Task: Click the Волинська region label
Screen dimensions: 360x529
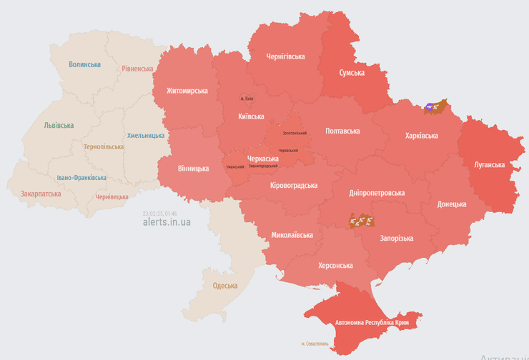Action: tap(84, 64)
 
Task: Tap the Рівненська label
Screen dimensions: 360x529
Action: tap(137, 69)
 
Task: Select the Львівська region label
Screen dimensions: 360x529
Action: tap(59, 125)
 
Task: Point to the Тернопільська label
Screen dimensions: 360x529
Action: tap(104, 146)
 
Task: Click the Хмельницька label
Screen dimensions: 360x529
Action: tap(146, 135)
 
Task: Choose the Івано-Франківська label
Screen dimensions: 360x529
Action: tap(81, 178)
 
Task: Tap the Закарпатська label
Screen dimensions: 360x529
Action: tap(41, 194)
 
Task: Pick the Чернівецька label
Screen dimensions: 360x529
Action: tap(112, 196)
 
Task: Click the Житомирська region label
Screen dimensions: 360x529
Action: tap(187, 91)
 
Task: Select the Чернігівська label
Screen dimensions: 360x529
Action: tap(285, 56)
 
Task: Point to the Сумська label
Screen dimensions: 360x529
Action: tap(352, 72)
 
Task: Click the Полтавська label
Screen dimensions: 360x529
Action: tap(342, 131)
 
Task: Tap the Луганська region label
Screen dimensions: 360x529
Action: tap(489, 164)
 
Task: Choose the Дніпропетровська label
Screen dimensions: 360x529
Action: tap(377, 193)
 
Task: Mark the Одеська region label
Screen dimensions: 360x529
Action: tap(225, 286)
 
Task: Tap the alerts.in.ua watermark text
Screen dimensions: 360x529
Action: tap(166, 221)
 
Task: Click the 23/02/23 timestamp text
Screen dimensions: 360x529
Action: tap(159, 213)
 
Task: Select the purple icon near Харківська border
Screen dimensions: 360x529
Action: tap(430, 107)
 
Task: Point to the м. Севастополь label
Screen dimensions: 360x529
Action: tap(315, 344)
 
